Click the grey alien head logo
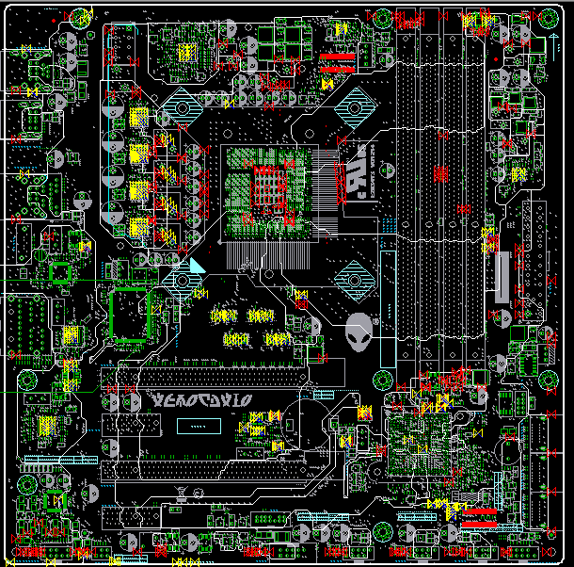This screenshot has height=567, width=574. click(x=359, y=332)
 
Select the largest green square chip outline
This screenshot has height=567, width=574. click(x=130, y=314)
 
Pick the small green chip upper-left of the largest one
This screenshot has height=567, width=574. click(x=60, y=272)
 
